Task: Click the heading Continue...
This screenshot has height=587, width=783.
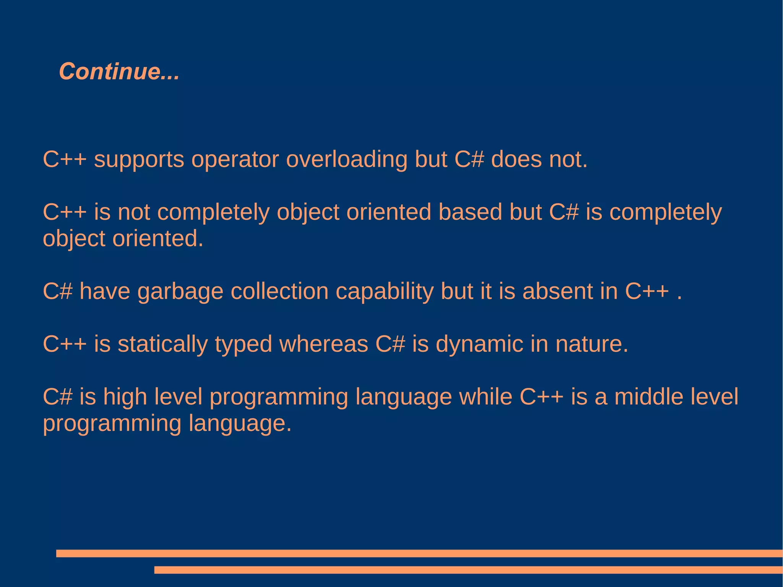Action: (x=119, y=72)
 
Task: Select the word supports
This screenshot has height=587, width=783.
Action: (x=139, y=160)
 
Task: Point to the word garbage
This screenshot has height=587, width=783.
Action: (x=180, y=292)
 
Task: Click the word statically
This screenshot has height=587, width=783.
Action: (x=162, y=344)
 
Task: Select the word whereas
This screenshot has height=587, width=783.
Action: (x=324, y=344)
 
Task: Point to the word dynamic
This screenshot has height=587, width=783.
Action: (x=479, y=344)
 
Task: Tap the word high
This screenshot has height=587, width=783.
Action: (x=125, y=397)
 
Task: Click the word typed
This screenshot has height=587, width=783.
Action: (x=244, y=344)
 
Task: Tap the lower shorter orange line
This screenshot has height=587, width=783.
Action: (x=468, y=570)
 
